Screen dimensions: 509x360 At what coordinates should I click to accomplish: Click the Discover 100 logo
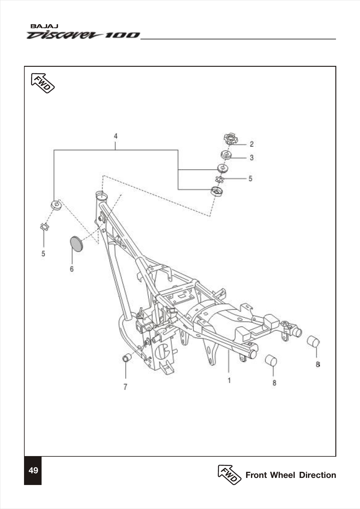tap(83, 35)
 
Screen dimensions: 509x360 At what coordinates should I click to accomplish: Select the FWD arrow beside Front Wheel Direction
tap(229, 475)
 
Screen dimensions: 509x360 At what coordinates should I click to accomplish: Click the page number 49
tap(33, 470)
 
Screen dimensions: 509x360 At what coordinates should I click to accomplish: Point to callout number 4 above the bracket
tap(115, 136)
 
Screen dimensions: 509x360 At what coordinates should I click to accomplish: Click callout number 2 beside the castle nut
tap(252, 144)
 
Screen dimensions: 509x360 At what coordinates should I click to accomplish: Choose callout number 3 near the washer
tap(252, 158)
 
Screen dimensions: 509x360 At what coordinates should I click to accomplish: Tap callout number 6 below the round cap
tap(72, 269)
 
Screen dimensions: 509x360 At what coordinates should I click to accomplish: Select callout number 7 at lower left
tap(125, 387)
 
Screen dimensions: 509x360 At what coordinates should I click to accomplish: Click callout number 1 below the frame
tap(229, 381)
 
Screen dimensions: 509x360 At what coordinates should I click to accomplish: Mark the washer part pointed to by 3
tap(226, 154)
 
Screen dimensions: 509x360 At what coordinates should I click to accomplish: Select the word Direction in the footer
tap(318, 475)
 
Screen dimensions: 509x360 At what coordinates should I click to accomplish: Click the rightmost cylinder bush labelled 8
tap(314, 341)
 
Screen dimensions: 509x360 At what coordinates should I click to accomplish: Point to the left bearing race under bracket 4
tap(56, 205)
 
